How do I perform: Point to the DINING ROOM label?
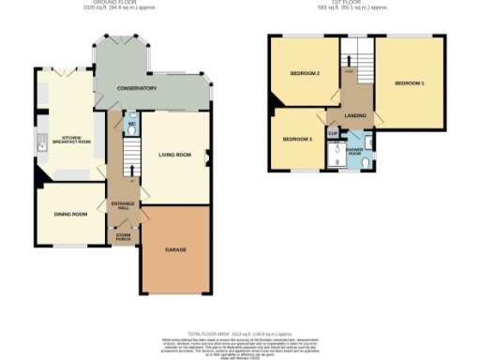point(71,214)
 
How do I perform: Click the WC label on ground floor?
point(132,124)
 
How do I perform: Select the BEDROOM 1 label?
point(409,84)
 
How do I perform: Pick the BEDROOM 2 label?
point(305,73)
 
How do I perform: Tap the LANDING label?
point(355,115)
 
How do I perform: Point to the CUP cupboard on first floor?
point(333,133)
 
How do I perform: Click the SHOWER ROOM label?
point(355,152)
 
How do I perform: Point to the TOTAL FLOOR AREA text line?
point(240,334)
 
